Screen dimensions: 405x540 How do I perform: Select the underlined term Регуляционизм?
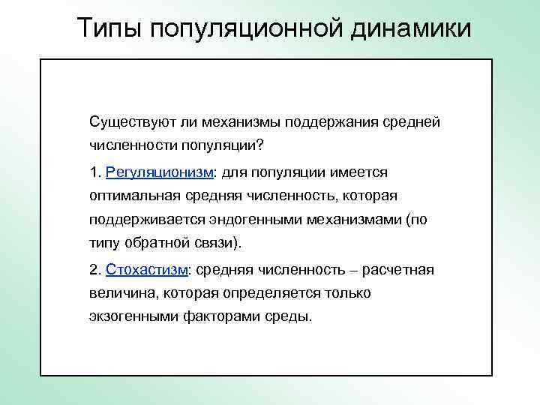(x=160, y=172)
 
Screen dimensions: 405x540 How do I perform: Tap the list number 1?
(x=94, y=172)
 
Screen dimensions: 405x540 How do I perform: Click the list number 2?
(x=94, y=268)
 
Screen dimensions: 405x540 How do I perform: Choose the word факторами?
(x=221, y=316)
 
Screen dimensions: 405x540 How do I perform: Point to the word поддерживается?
(x=139, y=220)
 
